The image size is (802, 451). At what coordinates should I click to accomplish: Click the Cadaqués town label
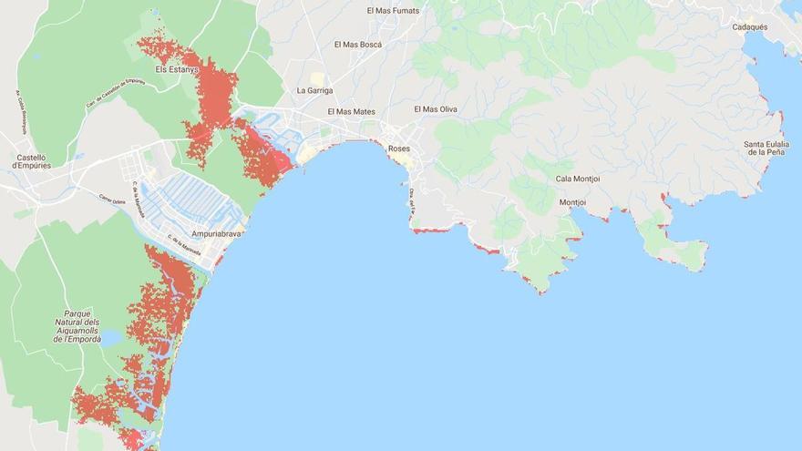point(750,27)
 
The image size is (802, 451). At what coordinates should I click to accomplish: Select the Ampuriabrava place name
point(216,233)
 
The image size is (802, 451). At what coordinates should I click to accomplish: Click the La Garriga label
point(315,91)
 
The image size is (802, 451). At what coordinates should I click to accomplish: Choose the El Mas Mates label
point(351,111)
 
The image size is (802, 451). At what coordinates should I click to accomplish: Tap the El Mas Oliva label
point(436,109)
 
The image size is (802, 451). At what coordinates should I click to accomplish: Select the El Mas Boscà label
point(358,44)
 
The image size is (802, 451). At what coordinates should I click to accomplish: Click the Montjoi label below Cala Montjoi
point(572,202)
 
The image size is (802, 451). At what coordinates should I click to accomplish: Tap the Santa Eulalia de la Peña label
point(766,149)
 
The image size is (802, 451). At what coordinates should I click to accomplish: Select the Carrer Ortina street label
point(112,200)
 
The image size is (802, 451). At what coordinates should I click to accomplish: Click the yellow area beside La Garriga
point(316,78)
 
